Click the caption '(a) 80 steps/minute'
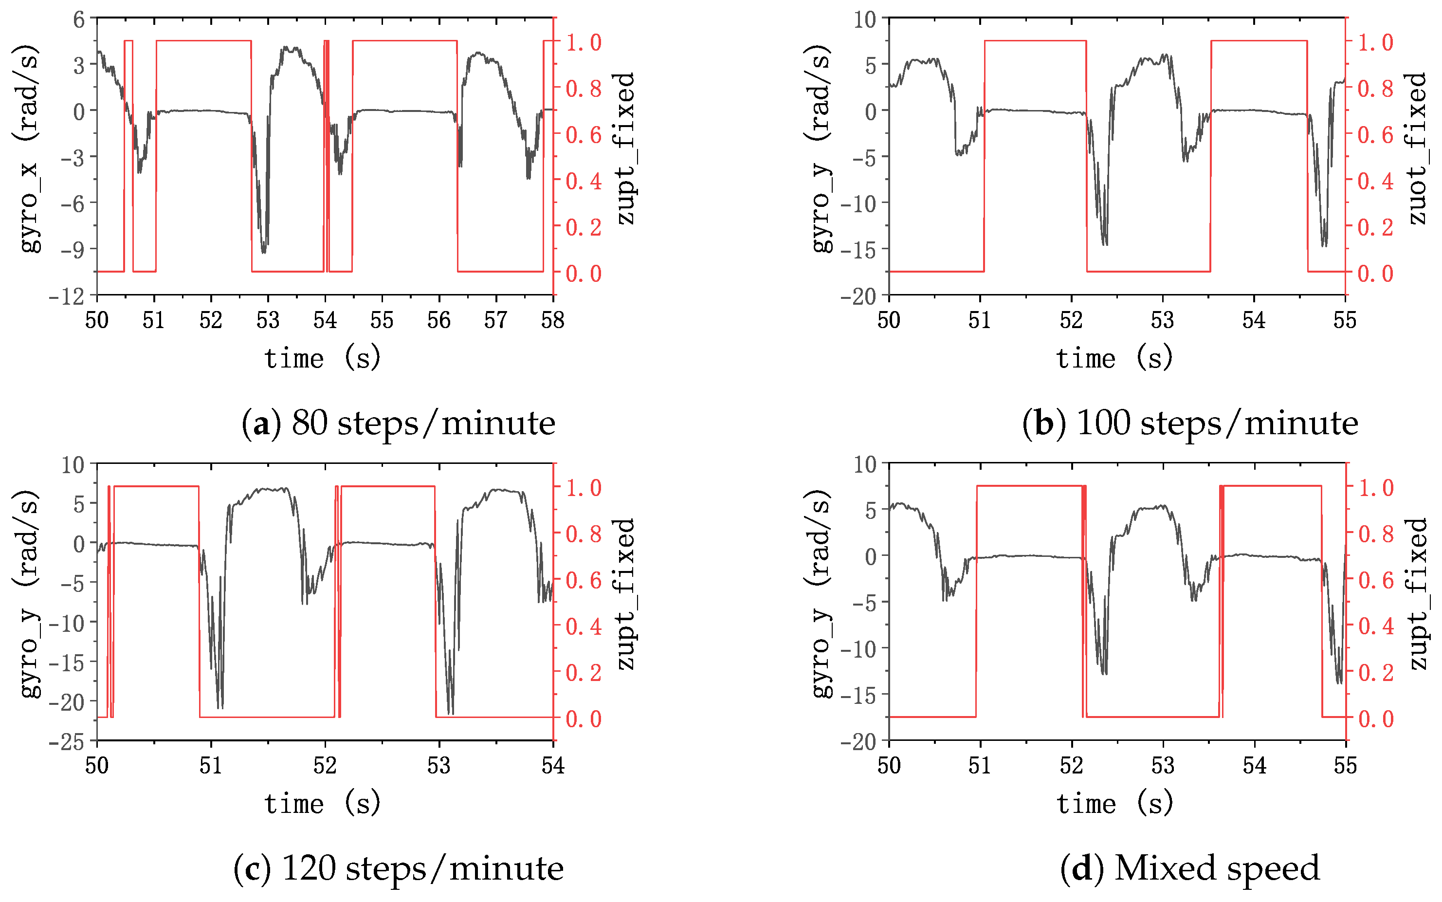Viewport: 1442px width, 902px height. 399,423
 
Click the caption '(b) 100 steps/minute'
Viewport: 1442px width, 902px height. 1190,423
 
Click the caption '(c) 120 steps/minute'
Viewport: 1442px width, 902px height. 399,868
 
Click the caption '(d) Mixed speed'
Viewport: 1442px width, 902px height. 1190,868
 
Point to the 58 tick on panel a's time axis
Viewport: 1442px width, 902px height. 552,321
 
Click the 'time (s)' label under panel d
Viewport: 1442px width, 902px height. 1114,804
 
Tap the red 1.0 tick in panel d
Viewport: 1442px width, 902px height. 1375,487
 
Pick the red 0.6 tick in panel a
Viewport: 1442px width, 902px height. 583,135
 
